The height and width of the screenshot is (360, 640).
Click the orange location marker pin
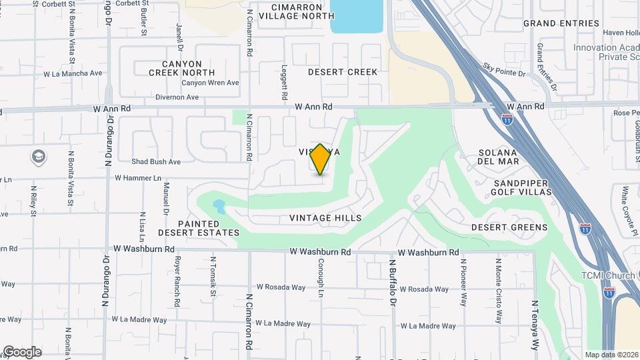coord(321,159)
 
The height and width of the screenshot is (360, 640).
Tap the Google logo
coord(22,352)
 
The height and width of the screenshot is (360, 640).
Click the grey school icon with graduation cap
coord(39,157)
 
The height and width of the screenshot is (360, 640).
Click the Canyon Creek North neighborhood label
coord(182,67)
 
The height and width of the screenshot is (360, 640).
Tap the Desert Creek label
coord(343,72)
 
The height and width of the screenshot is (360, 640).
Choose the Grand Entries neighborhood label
coord(561,23)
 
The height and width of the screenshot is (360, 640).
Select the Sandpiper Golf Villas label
coord(523,187)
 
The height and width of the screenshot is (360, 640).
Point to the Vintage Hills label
coord(326,218)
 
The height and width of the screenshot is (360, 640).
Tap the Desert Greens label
coord(509,227)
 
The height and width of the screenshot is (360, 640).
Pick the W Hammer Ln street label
coord(138,178)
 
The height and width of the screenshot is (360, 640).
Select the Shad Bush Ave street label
coord(156,161)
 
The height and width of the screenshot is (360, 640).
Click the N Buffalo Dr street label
coord(393,283)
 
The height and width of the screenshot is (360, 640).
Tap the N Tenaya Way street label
coord(535,325)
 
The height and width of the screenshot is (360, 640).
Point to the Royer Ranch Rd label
coord(177,281)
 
